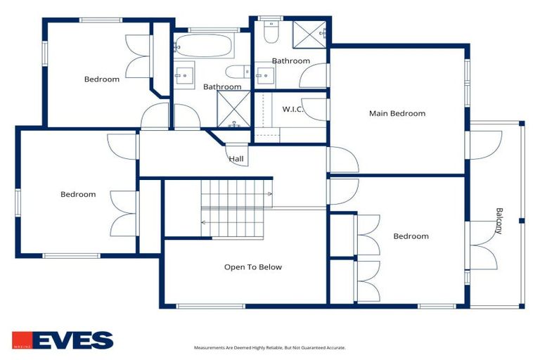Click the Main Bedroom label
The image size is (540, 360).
point(397,113)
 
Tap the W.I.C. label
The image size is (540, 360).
point(292,109)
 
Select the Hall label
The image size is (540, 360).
point(236,159)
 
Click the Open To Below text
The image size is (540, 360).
point(253,266)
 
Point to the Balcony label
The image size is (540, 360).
point(499,221)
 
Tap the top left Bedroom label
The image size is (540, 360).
point(102,79)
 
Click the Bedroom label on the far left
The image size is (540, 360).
point(78,194)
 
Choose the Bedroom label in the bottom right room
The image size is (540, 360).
point(411,236)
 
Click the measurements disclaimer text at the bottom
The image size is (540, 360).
point(270,347)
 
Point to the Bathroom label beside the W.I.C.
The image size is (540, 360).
point(291,61)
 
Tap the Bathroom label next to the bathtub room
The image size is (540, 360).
point(222,87)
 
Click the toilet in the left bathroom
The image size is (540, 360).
point(236,71)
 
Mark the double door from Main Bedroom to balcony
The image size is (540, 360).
point(480,144)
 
